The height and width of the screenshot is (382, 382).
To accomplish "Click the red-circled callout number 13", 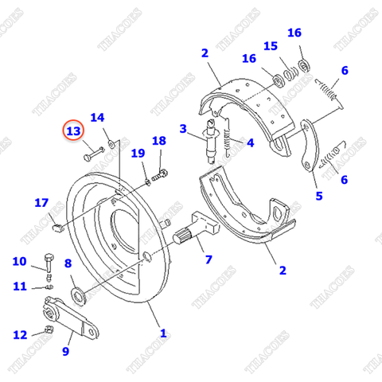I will point(73,131).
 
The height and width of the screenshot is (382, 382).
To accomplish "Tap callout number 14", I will point(97,118).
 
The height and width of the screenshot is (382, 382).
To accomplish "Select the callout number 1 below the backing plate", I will point(163,333).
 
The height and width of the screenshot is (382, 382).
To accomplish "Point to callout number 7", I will point(209,259).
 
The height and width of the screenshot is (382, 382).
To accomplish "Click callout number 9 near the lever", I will point(66,350).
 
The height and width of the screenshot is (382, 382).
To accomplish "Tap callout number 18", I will point(159,141).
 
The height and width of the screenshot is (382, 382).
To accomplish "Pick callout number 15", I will point(271,45).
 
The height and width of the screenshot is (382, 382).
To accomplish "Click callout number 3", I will point(182,128).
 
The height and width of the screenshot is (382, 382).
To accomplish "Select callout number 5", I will point(318,196).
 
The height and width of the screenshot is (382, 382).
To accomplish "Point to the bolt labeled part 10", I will point(49,263).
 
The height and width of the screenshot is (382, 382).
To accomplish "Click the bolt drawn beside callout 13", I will point(93,150).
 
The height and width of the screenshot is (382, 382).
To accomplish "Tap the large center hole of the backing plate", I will point(127,223).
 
